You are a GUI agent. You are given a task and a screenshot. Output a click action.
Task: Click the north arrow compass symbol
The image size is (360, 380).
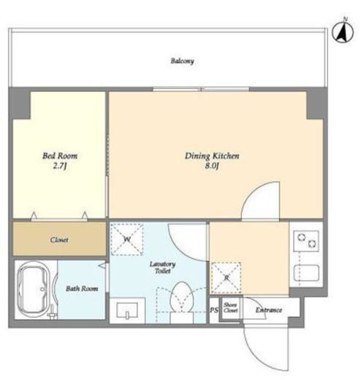point(342,31)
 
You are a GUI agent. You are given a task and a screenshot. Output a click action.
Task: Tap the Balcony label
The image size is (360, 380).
point(183,61)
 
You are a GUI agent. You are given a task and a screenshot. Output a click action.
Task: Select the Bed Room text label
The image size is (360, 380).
point(60,156)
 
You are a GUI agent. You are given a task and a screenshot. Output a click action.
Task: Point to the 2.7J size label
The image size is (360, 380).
point(60,166)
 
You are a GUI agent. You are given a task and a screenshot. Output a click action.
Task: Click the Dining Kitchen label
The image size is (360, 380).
point(212,156)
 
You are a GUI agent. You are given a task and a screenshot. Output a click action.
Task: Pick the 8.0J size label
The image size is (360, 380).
point(212,166)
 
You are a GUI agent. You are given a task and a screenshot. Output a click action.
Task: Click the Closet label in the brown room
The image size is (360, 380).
point(59,240)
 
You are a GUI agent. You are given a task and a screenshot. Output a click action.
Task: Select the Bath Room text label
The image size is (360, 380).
point(82,289)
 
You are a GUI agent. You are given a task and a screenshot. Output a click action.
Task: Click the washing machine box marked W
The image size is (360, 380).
point(127,239)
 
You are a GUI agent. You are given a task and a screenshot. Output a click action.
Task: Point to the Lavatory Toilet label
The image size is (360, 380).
point(162,267)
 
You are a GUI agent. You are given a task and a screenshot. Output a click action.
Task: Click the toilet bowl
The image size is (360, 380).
point(182,297)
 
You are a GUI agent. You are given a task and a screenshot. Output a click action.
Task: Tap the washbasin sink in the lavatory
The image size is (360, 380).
point(127,311)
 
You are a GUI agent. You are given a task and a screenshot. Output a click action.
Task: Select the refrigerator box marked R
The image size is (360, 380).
point(226,278)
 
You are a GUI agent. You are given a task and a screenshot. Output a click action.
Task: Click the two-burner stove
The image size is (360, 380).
point(306,241)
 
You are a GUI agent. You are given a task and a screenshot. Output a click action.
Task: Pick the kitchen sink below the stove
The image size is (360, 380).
point(307,273)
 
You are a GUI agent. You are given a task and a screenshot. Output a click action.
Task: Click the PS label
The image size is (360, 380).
point(214,310)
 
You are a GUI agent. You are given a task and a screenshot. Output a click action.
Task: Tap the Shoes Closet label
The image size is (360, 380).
point(230,308)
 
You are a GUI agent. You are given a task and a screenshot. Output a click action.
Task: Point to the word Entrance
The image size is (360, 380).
point(269,310)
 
